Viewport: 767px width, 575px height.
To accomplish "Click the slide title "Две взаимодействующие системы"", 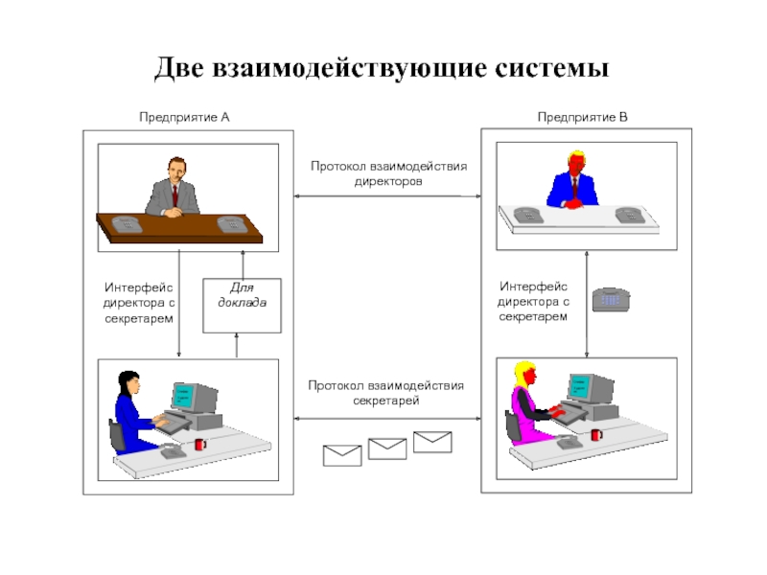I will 383,68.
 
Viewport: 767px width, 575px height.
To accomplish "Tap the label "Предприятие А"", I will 184,117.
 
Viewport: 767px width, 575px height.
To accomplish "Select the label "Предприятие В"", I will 582,117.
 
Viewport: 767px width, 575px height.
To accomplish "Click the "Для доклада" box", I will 242,305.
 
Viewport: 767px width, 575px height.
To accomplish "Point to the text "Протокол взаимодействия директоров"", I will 388,172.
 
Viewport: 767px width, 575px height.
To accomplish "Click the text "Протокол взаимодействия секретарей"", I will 388,393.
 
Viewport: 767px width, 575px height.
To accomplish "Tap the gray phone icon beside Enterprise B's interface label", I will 610,299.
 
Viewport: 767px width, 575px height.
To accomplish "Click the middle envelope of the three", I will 387,448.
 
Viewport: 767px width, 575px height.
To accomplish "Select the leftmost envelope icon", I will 342,455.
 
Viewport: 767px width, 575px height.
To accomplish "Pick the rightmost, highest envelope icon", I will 432,441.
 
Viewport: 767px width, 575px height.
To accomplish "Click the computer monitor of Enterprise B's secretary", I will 590,388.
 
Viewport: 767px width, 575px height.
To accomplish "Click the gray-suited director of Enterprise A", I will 174,188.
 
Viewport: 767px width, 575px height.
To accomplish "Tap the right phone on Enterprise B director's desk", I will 630,215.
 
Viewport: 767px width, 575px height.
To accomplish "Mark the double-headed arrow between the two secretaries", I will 388,418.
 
